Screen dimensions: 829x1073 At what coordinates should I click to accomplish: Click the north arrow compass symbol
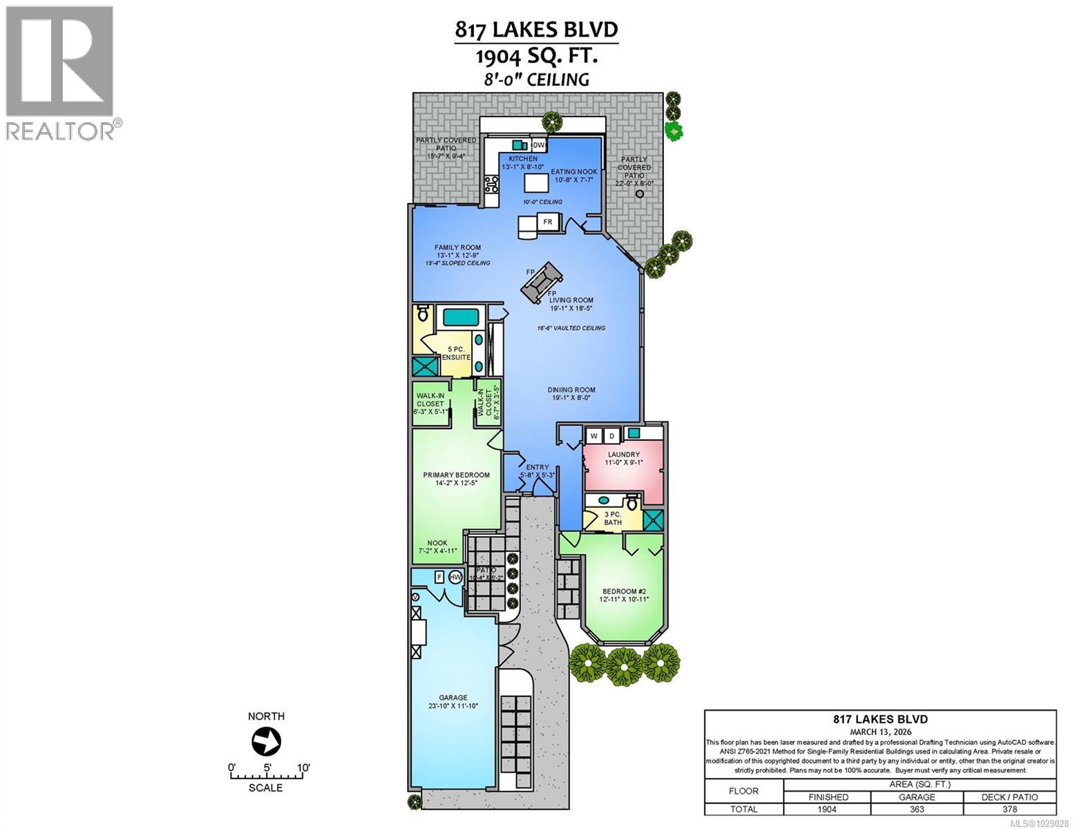coord(266,743)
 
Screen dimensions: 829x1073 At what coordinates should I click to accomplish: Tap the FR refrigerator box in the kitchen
coord(548,222)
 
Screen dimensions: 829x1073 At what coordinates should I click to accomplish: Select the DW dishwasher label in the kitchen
coord(538,145)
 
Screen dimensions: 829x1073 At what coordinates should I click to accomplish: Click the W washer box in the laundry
coord(593,436)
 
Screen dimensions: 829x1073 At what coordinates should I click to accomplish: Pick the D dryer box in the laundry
coord(611,436)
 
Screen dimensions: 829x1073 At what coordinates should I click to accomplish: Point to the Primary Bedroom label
coord(456,475)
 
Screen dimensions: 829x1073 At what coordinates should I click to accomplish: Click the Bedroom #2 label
coord(623,591)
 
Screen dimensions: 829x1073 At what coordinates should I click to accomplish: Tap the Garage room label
coord(453,698)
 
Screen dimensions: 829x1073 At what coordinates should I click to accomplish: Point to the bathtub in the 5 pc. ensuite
coord(461,318)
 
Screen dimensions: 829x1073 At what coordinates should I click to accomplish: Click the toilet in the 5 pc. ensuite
coord(423,315)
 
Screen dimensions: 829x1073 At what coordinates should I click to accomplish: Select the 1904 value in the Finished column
coord(827,809)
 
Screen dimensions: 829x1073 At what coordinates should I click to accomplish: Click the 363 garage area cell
coord(917,809)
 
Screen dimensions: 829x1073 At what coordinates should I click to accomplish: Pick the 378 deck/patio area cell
coord(1009,809)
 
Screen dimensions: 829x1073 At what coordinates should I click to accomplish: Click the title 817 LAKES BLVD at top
coord(535,30)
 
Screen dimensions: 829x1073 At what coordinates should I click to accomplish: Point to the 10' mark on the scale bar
coord(303,768)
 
